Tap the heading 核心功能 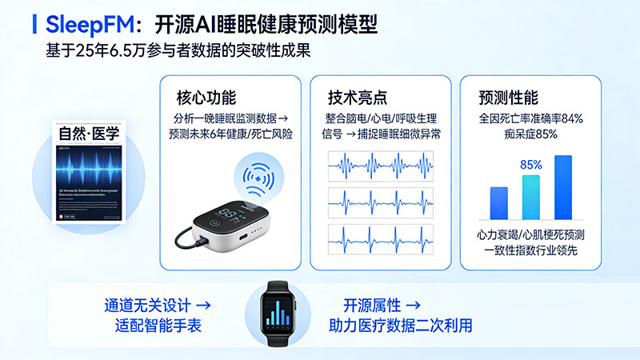point(206,98)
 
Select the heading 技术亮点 point(358,98)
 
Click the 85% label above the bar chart point(531,165)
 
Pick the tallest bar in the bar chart point(563,186)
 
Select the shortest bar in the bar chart point(499,202)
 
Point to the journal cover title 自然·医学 point(89,133)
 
